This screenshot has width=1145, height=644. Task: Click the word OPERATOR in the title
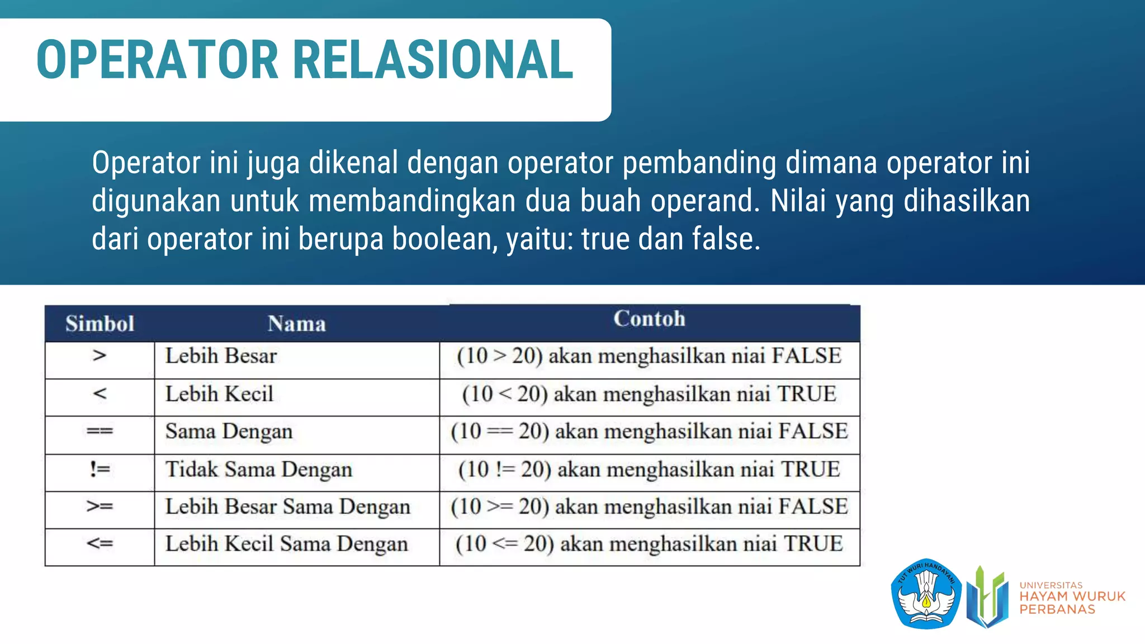point(157,60)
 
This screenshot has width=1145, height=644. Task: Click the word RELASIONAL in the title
point(433,60)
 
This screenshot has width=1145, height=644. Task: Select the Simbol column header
point(100,324)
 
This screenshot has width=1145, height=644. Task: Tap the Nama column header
point(296,324)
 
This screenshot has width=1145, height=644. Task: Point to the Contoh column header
point(649,319)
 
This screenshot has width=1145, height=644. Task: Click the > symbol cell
point(100,356)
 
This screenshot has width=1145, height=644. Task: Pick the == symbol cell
point(100,431)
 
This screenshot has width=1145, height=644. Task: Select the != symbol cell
point(100,469)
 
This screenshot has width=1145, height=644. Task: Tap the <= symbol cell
point(100,543)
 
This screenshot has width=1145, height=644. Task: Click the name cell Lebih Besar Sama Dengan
point(287,506)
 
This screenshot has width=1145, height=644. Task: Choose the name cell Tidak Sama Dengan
point(258,469)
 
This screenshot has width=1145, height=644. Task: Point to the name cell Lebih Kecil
point(219,394)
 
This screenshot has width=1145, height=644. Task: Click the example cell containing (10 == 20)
point(649,431)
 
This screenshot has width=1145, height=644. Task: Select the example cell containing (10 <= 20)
point(649,543)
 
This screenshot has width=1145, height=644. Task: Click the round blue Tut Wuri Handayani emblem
point(926,594)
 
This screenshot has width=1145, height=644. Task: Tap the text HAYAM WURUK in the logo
point(1072,596)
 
